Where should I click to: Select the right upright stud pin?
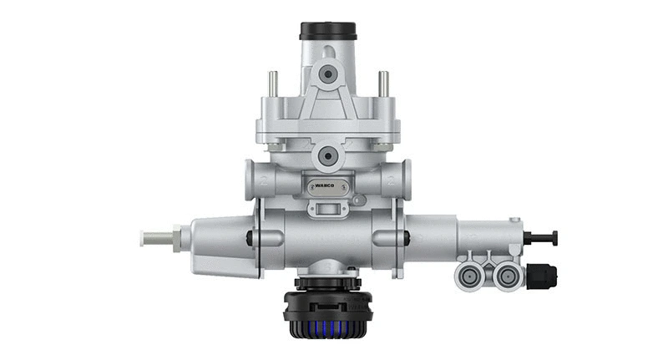pos(382,84)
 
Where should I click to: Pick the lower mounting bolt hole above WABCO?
pos(327,155)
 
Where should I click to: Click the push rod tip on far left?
pos(151,238)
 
